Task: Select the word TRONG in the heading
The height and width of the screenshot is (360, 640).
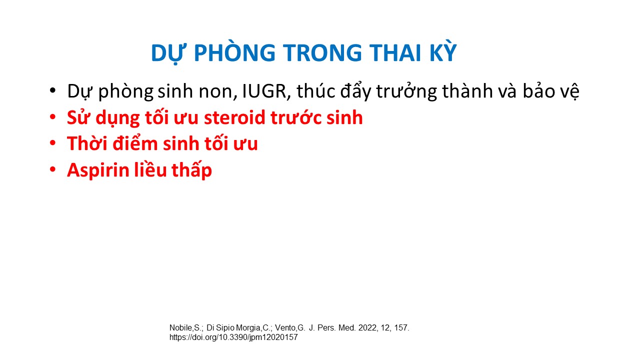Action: point(322,52)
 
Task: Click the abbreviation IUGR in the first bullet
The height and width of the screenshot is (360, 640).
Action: point(264,91)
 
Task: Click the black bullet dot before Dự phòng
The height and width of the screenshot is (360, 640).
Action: point(52,91)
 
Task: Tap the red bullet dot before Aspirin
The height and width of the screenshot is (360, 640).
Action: point(52,169)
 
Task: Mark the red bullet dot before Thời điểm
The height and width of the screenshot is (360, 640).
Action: point(52,143)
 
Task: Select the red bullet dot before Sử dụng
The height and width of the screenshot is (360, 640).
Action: point(52,117)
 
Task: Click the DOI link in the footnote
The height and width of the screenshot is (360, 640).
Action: point(233,337)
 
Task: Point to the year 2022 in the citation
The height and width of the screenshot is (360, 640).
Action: point(368,327)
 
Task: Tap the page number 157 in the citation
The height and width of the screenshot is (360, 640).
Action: point(401,327)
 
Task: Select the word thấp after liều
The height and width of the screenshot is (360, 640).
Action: point(191,170)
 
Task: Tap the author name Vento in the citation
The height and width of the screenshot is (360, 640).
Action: point(285,328)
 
